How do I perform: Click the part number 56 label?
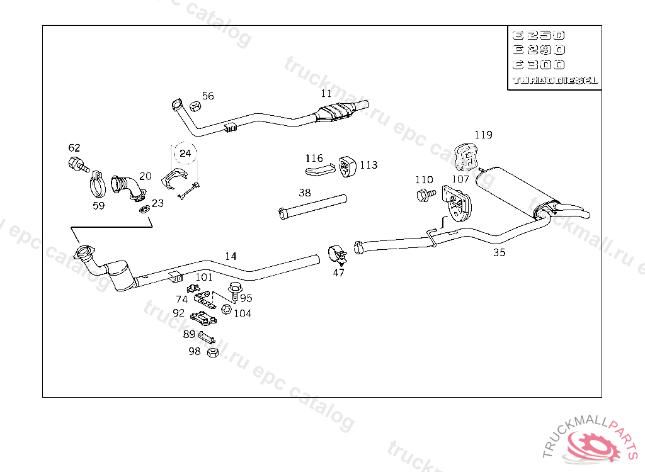click(208, 96)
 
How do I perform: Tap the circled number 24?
click(185, 153)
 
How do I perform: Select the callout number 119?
click(483, 135)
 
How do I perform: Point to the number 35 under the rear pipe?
click(499, 252)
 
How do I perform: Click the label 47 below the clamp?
click(339, 273)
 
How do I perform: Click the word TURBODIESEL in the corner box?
click(555, 81)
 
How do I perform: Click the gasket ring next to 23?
click(143, 208)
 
